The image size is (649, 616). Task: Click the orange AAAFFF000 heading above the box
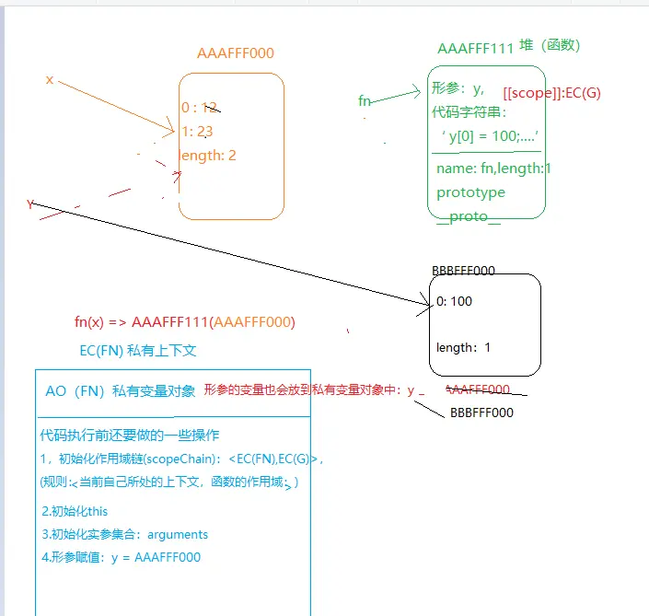[236, 53]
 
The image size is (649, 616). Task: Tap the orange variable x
[50, 80]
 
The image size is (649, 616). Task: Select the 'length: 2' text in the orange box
[208, 156]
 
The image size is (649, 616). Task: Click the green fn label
[365, 101]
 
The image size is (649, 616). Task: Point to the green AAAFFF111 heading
[475, 48]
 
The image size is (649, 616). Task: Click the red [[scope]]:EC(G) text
[552, 94]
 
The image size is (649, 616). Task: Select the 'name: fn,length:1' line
[493, 169]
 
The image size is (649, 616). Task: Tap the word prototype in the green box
[470, 192]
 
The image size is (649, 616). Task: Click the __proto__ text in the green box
[469, 215]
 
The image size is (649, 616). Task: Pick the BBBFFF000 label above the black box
[463, 271]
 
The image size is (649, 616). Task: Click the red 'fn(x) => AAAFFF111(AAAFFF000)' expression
[184, 322]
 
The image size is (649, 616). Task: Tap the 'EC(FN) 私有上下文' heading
[138, 351]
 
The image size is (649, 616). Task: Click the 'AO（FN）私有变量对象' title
[121, 391]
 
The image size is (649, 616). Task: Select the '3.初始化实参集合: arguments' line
[125, 534]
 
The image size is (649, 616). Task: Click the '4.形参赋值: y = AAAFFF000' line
[121, 557]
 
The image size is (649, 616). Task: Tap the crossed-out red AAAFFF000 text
[478, 389]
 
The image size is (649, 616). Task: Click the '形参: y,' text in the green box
[458, 89]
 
